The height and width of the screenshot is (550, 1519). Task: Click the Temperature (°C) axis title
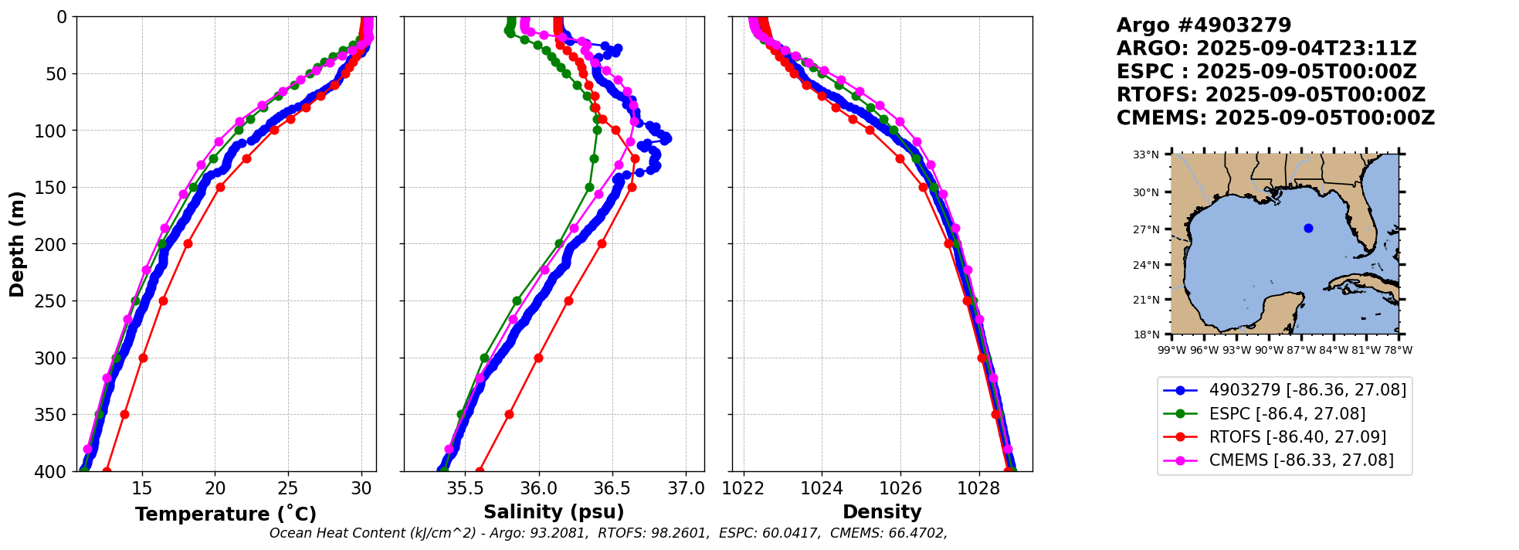coord(225,514)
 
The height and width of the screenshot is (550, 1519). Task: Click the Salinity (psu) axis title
coord(554,512)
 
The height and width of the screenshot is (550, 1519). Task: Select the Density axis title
coord(882,512)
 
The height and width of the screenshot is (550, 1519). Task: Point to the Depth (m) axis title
coord(17,244)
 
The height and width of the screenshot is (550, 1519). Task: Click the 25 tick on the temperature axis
coord(288,488)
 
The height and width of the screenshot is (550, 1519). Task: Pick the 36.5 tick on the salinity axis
coord(612,488)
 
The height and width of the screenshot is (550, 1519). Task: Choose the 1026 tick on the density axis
coord(900,488)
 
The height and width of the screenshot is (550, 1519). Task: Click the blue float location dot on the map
coord(1308,228)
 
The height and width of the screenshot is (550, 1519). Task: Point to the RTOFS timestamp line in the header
coord(1271,95)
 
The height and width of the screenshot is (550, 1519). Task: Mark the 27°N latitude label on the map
coord(1146,229)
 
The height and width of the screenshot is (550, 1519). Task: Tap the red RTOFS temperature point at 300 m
coord(143,358)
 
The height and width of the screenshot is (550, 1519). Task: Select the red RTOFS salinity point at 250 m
coord(568,300)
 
